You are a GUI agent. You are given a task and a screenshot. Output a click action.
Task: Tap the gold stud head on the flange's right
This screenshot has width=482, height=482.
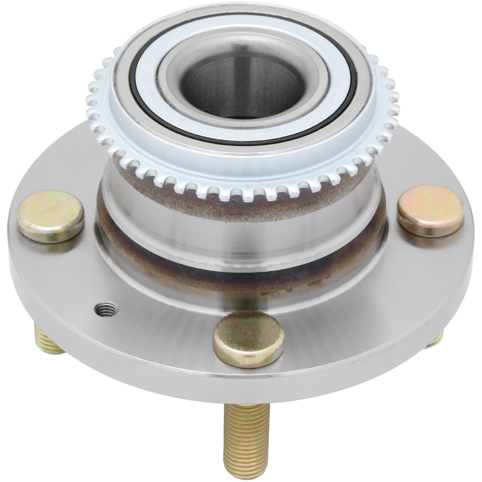coord(430,210)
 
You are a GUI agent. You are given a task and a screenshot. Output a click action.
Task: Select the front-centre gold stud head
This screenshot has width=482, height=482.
coord(249,339)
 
